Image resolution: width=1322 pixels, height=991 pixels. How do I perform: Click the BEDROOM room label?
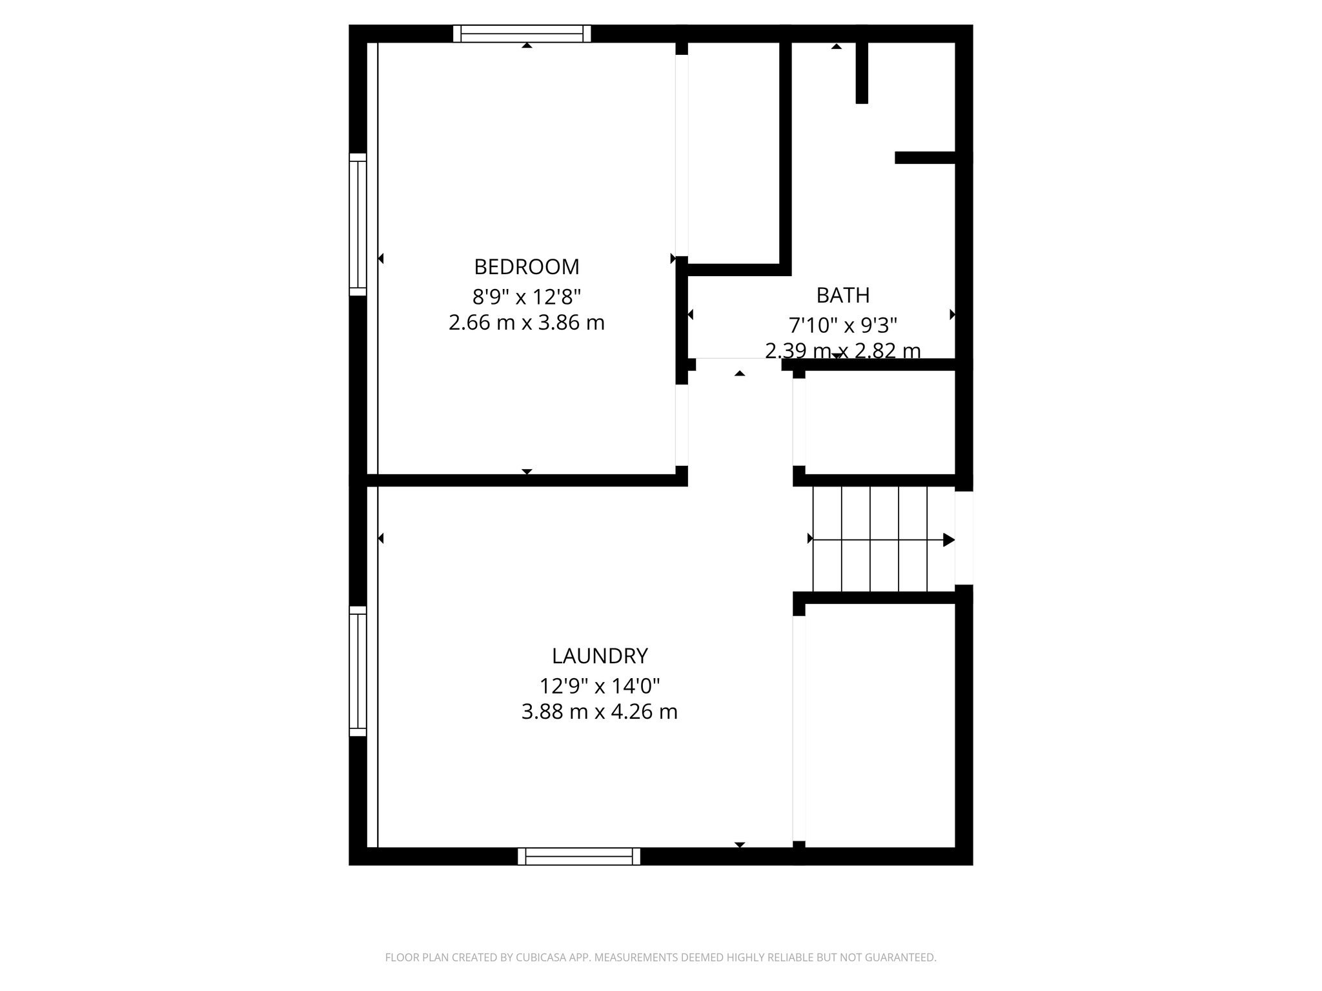pos(527,266)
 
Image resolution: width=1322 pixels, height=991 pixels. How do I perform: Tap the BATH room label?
pos(842,295)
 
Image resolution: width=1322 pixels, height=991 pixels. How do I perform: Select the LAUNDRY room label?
pos(599,656)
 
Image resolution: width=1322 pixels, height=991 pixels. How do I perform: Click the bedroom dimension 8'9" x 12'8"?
pos(527,297)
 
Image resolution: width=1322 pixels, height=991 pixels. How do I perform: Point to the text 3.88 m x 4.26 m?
pos(599,712)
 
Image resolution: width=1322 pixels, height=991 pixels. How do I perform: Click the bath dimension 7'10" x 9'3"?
pos(842,325)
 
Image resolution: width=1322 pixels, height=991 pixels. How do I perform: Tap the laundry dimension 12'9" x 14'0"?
pos(599,685)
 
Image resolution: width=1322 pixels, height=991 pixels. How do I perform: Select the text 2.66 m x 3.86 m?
pos(527,323)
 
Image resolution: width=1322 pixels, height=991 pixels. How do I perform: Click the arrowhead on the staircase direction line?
pos(948,540)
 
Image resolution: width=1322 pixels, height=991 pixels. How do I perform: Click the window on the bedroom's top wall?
pos(522,34)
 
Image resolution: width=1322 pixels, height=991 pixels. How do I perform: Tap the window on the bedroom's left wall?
pos(358,225)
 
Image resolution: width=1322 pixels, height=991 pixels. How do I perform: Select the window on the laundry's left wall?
pos(358,671)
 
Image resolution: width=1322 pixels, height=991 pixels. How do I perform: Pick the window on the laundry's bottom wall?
pos(578,856)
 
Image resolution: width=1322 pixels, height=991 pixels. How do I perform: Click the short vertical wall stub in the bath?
pos(862,72)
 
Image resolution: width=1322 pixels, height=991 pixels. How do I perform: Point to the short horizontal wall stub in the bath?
pos(925,157)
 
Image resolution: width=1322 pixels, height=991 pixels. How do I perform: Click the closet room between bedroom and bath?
pos(733,152)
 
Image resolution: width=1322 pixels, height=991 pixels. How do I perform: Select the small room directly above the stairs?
pos(879,423)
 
